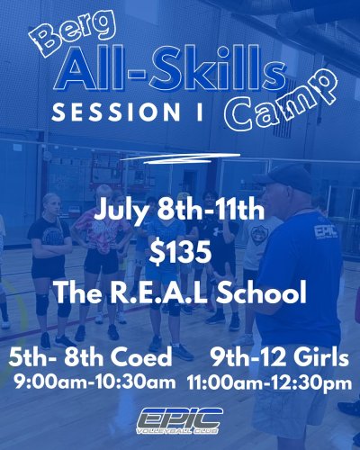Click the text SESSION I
125,115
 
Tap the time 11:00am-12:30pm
270,382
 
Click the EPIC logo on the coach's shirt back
325,231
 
